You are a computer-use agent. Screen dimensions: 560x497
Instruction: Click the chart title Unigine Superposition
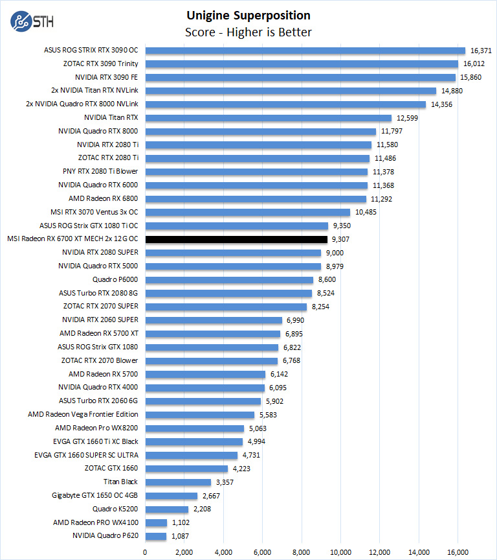(x=248, y=16)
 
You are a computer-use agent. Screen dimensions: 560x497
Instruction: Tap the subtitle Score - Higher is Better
(x=248, y=32)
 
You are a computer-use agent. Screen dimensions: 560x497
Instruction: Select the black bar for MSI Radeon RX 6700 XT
(x=236, y=239)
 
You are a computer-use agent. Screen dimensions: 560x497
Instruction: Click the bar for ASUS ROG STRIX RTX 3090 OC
(x=305, y=50)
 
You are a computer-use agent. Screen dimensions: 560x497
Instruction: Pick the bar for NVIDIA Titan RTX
(x=268, y=118)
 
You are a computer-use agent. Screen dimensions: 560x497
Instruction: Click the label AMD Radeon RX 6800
(x=103, y=198)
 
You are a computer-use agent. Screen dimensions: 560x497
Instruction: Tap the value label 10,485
(x=365, y=212)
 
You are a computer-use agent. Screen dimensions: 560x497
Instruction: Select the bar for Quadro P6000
(x=229, y=280)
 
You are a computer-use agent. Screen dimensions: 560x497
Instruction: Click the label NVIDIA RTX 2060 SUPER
(x=100, y=320)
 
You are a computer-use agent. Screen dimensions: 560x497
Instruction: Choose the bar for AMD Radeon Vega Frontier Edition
(x=199, y=415)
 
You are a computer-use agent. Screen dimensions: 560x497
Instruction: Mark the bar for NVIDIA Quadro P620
(x=155, y=537)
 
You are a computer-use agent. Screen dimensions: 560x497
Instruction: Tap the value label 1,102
(x=181, y=523)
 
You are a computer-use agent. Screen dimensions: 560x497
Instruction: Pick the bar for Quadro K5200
(x=166, y=509)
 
